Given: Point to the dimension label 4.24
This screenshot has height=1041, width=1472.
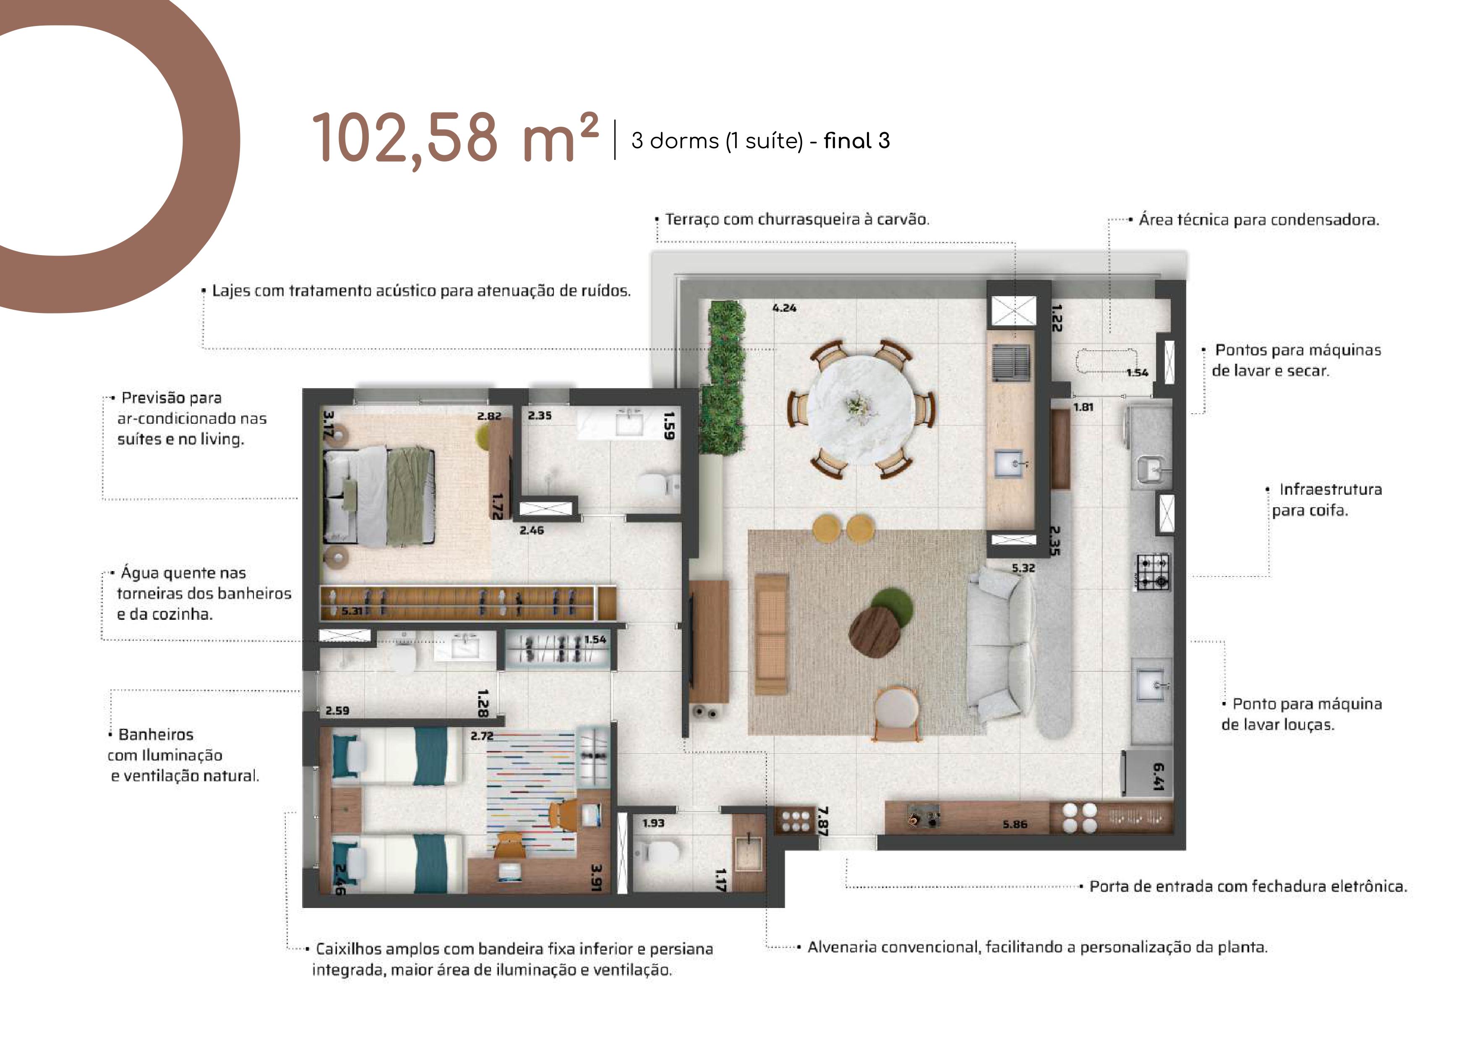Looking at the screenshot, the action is [784, 308].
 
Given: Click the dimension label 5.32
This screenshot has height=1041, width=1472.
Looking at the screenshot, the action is [1023, 568].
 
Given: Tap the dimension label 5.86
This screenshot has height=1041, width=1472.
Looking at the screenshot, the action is [1015, 824].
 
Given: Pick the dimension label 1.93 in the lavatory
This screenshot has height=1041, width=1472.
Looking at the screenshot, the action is [653, 823].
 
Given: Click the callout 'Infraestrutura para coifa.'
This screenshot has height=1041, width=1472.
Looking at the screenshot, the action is [1326, 500].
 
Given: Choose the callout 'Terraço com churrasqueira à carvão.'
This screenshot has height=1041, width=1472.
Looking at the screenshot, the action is [797, 219].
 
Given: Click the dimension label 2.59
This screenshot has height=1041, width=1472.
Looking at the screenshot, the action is [337, 710].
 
